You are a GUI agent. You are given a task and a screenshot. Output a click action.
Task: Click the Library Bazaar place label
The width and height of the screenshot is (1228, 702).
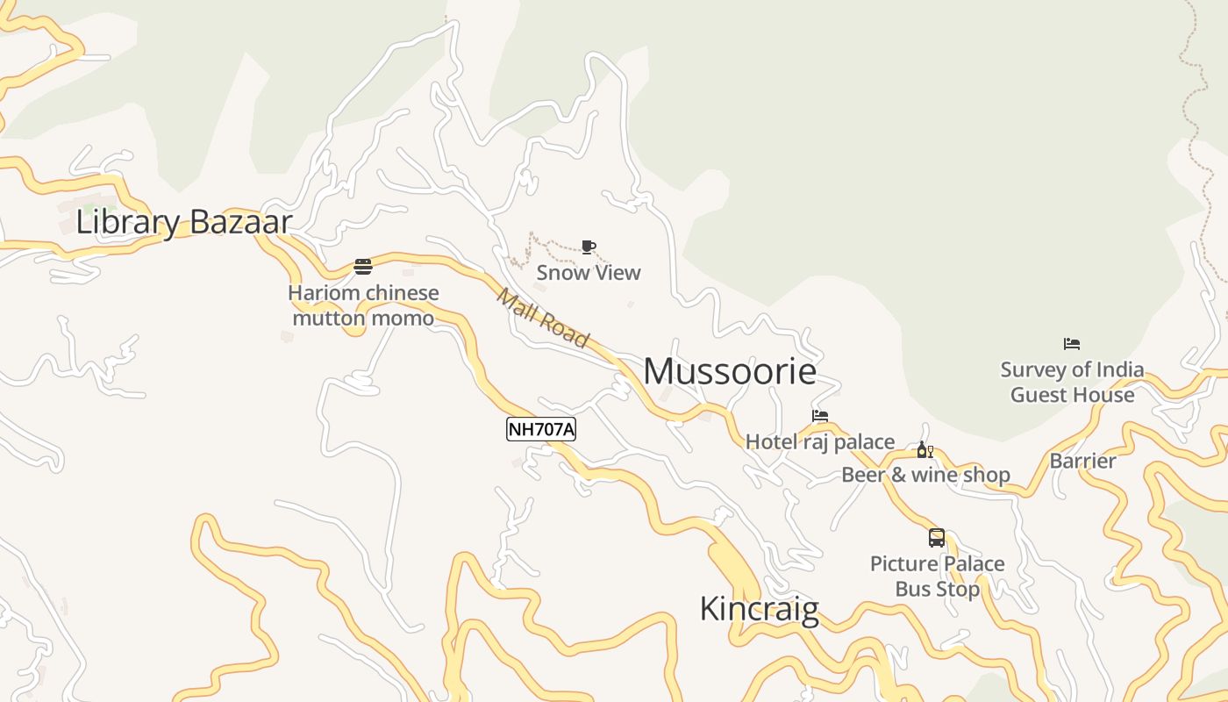tap(183, 222)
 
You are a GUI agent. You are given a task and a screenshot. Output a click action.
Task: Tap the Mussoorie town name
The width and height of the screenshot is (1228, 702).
tap(730, 371)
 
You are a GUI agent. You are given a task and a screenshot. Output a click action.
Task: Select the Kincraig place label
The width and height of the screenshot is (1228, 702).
tap(759, 609)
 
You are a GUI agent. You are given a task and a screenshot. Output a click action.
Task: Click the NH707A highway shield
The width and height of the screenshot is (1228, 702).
tap(541, 429)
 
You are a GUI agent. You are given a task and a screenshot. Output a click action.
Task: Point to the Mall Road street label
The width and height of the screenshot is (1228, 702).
tap(543, 317)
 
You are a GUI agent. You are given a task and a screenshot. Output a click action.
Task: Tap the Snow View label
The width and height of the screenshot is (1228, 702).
tap(589, 272)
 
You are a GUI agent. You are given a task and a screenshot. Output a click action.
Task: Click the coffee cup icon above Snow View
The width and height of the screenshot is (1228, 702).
tap(589, 247)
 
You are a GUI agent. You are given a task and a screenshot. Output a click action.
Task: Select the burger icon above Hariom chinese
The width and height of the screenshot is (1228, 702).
tap(363, 267)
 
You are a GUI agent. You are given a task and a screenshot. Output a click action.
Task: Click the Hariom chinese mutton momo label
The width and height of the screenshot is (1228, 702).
tap(363, 305)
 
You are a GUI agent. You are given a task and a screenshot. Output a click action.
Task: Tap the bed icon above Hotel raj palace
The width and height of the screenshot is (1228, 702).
tap(820, 416)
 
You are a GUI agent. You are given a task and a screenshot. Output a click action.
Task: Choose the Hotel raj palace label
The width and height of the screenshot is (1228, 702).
tap(820, 441)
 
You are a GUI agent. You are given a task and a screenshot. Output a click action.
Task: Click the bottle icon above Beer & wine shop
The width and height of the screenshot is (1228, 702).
tap(925, 450)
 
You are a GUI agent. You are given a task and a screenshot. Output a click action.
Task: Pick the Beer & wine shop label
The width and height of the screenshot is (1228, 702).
tap(925, 475)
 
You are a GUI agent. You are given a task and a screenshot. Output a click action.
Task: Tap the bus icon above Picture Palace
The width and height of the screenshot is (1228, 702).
tap(937, 538)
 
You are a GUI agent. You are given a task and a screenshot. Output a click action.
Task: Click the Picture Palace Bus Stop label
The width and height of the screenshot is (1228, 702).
tap(938, 576)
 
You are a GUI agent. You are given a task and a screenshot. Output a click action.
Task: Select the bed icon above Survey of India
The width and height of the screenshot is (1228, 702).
tap(1072, 344)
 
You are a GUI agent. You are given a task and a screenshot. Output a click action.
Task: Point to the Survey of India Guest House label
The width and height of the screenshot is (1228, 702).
tap(1072, 382)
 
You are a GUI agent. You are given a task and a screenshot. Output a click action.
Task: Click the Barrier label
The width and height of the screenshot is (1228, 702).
tap(1083, 461)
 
